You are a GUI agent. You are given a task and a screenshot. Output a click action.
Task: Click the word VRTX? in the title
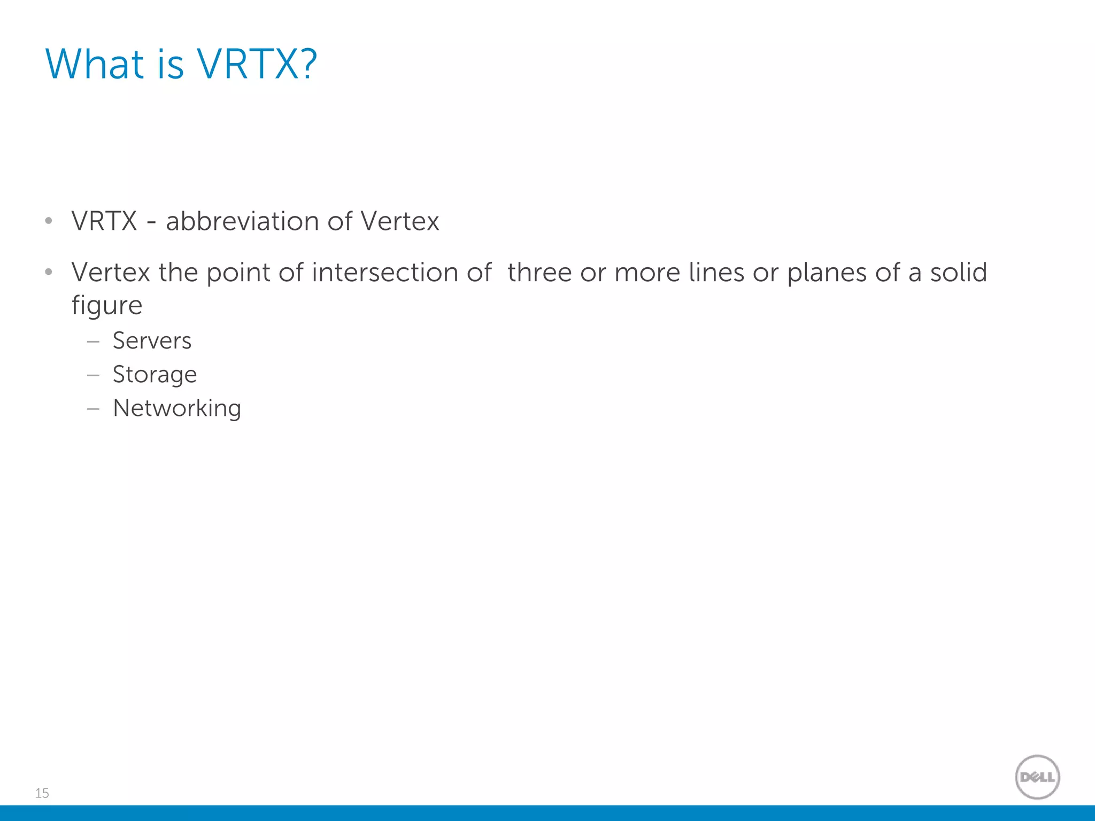(257, 64)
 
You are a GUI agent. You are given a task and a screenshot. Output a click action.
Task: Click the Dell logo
(1037, 777)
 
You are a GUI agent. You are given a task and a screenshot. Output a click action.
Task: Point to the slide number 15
(42, 793)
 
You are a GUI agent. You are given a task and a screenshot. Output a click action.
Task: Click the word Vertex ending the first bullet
(399, 221)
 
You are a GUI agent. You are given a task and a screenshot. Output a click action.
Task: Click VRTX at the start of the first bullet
(104, 221)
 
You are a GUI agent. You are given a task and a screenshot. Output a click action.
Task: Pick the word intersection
(385, 273)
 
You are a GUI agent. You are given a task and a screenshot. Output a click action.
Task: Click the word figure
(107, 306)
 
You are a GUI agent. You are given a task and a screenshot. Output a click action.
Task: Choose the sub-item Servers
(152, 341)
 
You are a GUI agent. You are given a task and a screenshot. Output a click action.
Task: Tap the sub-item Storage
(155, 375)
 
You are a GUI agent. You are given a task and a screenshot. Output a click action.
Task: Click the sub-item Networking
(177, 408)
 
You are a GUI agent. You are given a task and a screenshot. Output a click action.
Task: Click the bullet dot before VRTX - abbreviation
(49, 221)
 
